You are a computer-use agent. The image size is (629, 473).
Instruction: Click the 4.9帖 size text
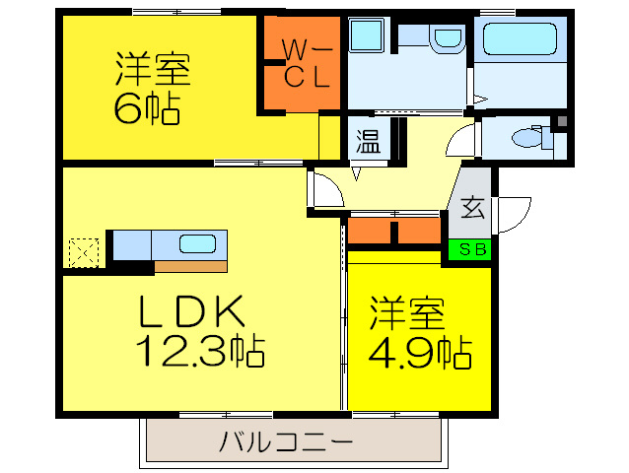(419, 349)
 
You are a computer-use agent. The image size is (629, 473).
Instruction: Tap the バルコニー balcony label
(286, 440)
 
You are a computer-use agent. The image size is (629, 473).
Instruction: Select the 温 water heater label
(368, 142)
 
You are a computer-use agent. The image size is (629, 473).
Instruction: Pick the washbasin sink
(447, 39)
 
